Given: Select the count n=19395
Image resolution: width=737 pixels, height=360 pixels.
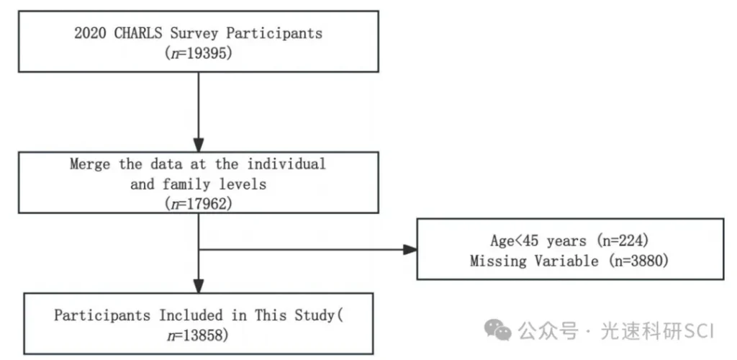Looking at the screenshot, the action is [x=199, y=53].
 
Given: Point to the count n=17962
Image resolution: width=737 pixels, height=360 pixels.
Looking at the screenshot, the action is [x=199, y=204].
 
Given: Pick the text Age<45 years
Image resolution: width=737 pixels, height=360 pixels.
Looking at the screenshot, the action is [x=538, y=241].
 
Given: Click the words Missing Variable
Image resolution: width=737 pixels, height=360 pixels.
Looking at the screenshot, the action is [x=535, y=261].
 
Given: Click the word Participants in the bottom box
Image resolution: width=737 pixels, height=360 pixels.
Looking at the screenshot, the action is [x=102, y=315].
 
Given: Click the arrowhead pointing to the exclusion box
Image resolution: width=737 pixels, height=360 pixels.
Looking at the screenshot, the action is [x=410, y=250].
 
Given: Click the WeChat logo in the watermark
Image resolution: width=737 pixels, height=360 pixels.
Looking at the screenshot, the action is [x=498, y=330].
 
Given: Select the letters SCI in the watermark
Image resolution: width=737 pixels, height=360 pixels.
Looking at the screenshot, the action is [x=699, y=332].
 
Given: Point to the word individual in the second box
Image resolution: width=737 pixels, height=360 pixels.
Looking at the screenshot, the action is [x=286, y=164].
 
